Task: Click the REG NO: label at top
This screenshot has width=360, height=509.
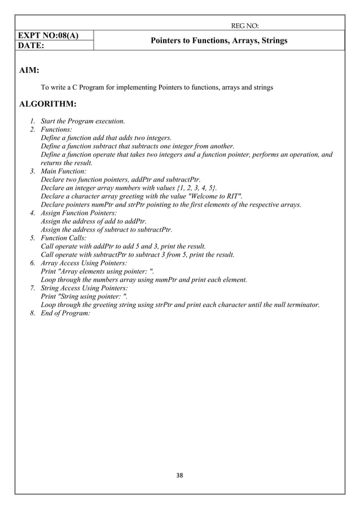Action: [245, 25]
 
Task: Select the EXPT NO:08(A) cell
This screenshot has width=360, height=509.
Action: [48, 35]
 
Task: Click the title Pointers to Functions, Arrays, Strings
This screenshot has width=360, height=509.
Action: [218, 41]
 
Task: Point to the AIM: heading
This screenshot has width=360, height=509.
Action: [29, 72]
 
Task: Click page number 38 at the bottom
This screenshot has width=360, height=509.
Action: [180, 475]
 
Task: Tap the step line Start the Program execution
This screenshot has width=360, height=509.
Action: [83, 121]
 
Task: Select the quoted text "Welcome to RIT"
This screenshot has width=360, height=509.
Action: [216, 196]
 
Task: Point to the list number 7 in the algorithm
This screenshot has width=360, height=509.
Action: [33, 287]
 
